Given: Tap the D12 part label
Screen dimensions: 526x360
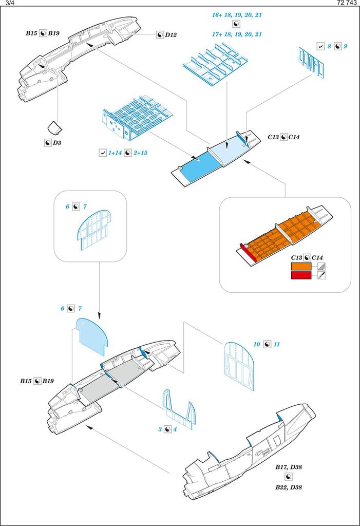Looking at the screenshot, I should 171,34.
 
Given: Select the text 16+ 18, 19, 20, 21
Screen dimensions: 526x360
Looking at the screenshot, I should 237,15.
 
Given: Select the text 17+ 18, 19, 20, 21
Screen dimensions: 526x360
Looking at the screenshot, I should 237,34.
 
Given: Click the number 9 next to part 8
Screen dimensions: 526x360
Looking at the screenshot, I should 346,46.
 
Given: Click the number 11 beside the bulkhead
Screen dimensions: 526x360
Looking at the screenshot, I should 277,344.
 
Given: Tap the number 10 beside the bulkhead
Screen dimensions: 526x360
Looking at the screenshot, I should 256,344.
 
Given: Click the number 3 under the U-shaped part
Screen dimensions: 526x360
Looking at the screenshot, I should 160,429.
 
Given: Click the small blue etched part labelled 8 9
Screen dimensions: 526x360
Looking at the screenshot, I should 311,62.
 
